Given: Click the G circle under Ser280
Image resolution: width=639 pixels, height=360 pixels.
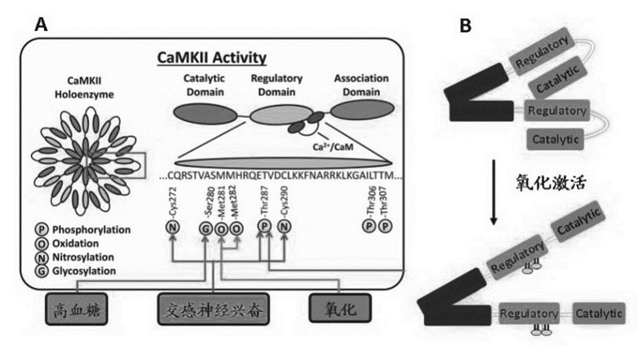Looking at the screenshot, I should (x=206, y=231).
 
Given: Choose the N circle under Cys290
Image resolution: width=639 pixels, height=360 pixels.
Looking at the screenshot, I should (x=284, y=231).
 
